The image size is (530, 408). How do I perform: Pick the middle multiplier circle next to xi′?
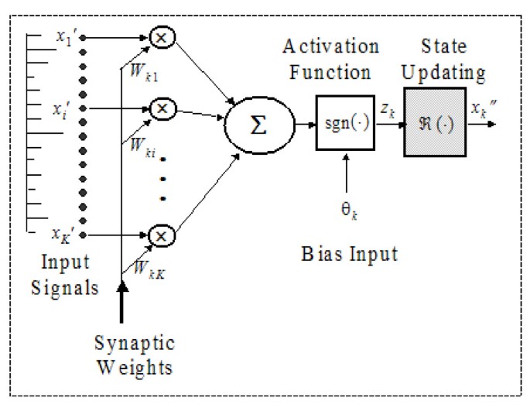(162, 110)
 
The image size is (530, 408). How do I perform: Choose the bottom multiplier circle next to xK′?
(162, 232)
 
